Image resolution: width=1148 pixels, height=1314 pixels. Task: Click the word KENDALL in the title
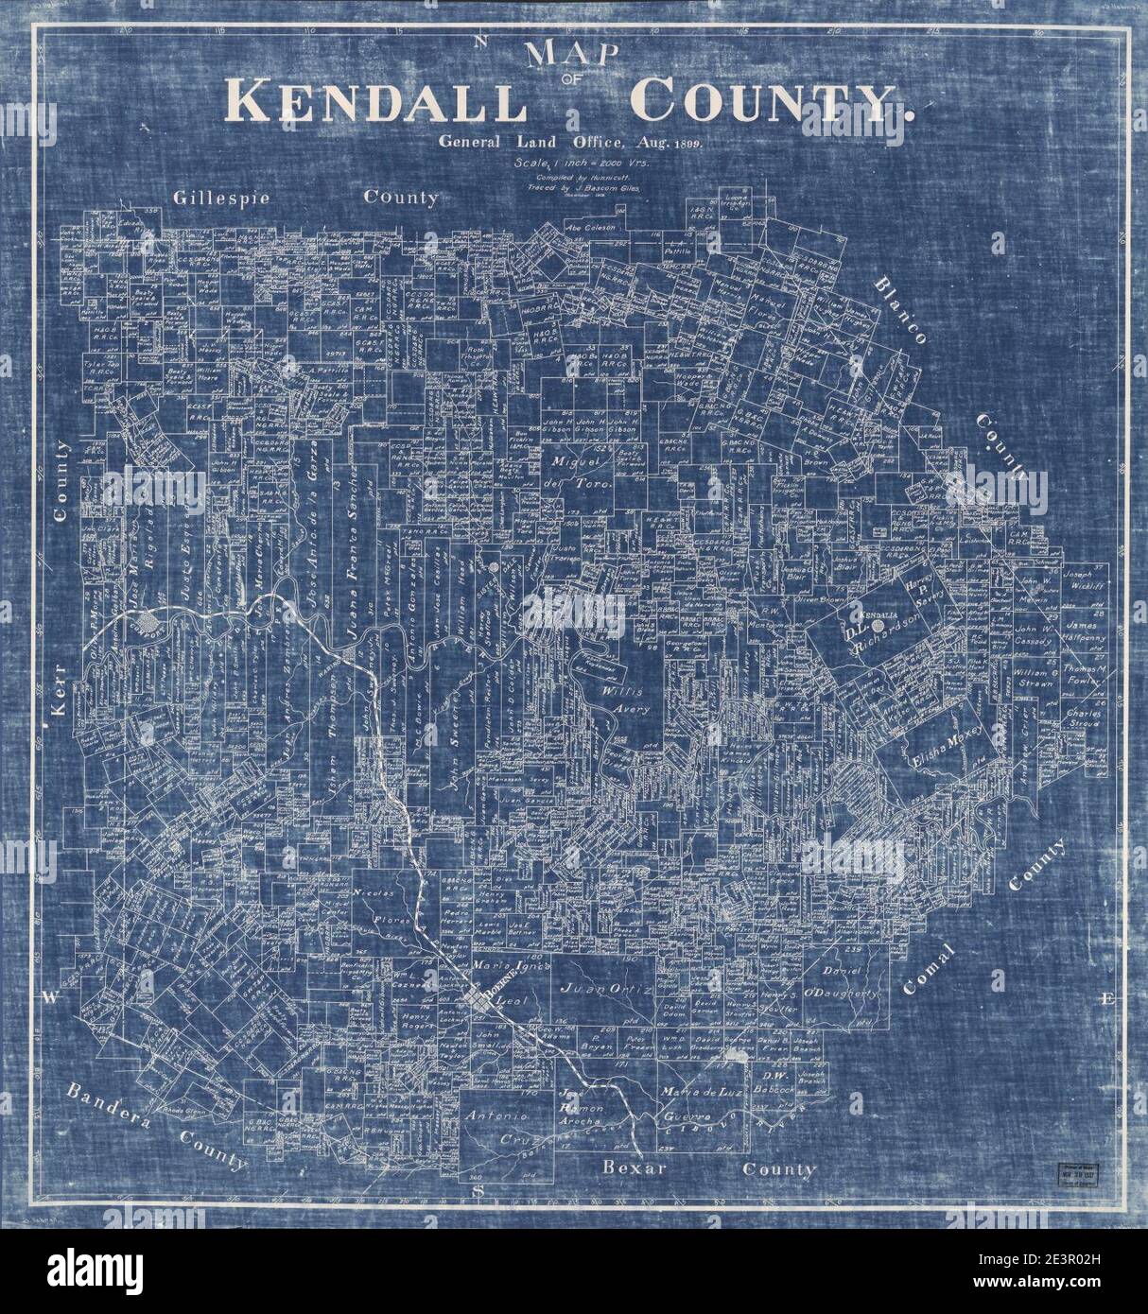[374, 101]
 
